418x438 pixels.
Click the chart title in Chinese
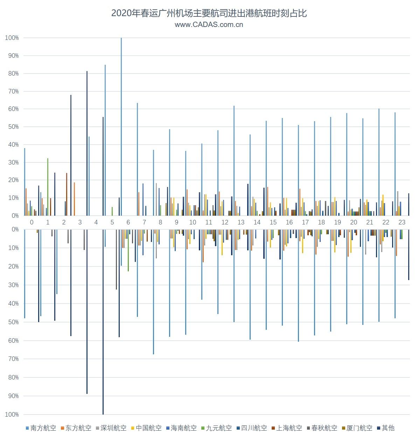point(209,13)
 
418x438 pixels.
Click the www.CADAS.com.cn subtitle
point(209,25)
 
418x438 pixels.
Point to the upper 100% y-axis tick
point(12,38)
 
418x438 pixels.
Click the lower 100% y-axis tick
point(12,415)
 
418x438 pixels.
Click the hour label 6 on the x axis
point(128,222)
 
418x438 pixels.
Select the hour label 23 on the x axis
point(402,222)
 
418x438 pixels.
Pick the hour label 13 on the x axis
point(241,222)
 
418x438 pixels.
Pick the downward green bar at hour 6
point(128,250)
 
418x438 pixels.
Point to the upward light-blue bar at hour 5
point(105,140)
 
